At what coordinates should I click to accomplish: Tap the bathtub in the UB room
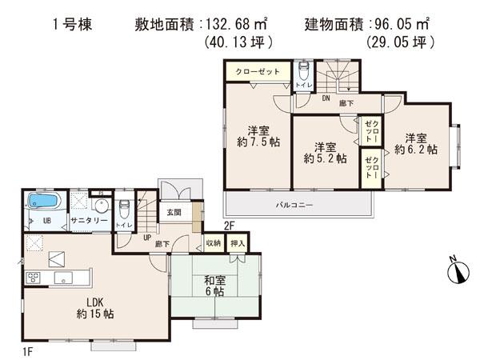tap(46, 202)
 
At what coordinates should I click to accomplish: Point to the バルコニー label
tap(295, 206)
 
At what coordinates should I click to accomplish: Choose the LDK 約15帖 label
tap(95, 308)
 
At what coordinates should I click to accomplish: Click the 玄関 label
tap(174, 214)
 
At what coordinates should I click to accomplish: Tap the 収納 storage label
tap(213, 242)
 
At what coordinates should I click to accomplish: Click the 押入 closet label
tap(238, 242)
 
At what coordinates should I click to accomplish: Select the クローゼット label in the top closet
tap(258, 71)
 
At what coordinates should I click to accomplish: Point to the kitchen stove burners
tap(34, 278)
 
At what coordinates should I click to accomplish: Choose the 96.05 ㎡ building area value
tap(407, 25)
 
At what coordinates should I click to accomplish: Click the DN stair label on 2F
tap(326, 100)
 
